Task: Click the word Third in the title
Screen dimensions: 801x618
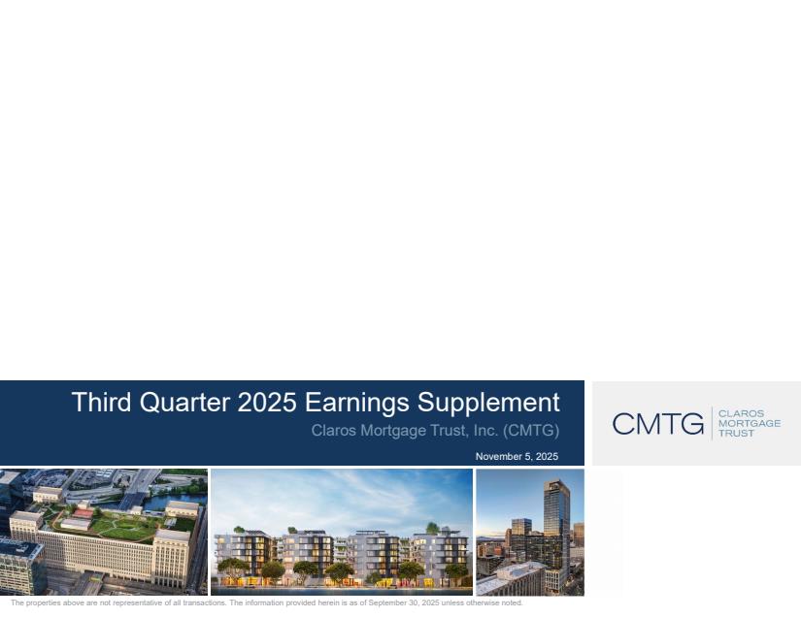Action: (101, 402)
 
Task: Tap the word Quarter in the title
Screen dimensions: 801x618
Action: (184, 403)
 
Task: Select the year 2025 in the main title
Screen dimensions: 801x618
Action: (267, 402)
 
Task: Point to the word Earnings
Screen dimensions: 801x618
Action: (357, 404)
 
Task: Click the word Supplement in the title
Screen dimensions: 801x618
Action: (488, 404)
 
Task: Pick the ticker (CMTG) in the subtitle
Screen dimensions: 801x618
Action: (531, 431)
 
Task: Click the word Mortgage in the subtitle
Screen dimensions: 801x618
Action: (393, 431)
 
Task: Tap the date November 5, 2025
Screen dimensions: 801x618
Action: (517, 456)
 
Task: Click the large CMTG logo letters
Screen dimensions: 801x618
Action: (658, 424)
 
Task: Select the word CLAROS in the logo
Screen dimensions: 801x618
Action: (741, 413)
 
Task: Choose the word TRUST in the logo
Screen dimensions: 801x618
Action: (736, 434)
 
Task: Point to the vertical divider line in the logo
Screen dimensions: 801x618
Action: (712, 423)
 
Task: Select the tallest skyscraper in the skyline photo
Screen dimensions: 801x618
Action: (556, 526)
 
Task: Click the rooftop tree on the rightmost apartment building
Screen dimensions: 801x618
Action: (433, 528)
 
